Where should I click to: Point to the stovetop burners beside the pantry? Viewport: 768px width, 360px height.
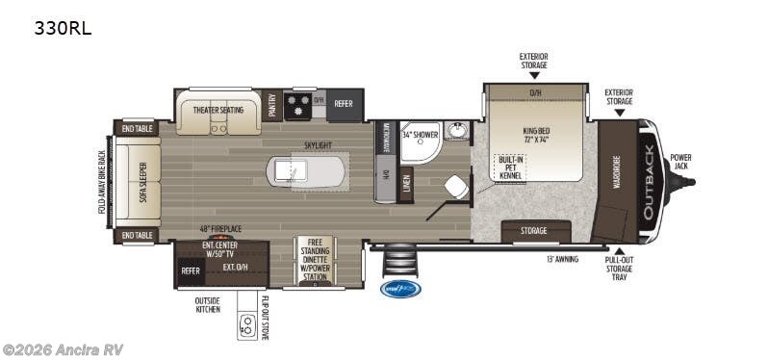(299, 104)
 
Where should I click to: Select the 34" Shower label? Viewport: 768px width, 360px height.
(420, 134)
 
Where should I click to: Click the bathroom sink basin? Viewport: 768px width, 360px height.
(456, 131)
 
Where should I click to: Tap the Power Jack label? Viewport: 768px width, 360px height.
(680, 162)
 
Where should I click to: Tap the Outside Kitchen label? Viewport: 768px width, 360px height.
(207, 305)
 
